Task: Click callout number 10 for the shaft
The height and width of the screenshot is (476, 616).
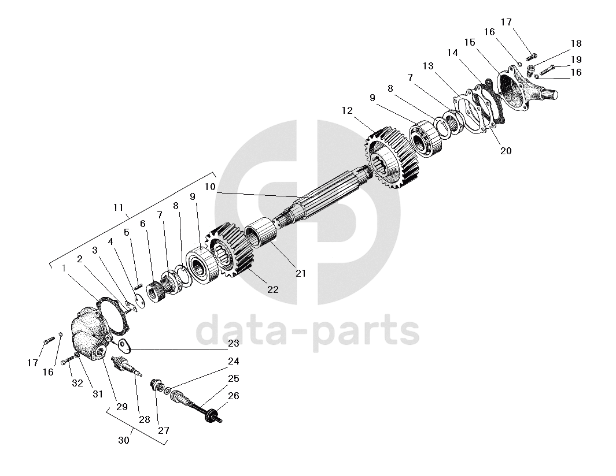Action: click(209, 187)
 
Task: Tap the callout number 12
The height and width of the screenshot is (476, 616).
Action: click(347, 110)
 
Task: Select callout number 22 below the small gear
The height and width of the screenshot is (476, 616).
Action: click(272, 289)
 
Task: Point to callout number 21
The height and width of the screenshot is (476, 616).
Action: click(301, 273)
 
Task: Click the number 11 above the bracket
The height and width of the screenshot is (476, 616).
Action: click(119, 207)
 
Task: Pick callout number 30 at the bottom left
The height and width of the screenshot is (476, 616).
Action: click(123, 440)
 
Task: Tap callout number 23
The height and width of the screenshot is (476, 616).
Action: click(233, 343)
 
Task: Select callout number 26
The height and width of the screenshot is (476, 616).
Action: click(233, 396)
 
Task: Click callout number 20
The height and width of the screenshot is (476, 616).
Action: click(506, 151)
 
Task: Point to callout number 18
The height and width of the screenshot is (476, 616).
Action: click(576, 44)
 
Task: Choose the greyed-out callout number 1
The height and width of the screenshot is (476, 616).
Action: click(65, 267)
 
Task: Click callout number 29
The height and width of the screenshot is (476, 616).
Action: click(121, 407)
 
